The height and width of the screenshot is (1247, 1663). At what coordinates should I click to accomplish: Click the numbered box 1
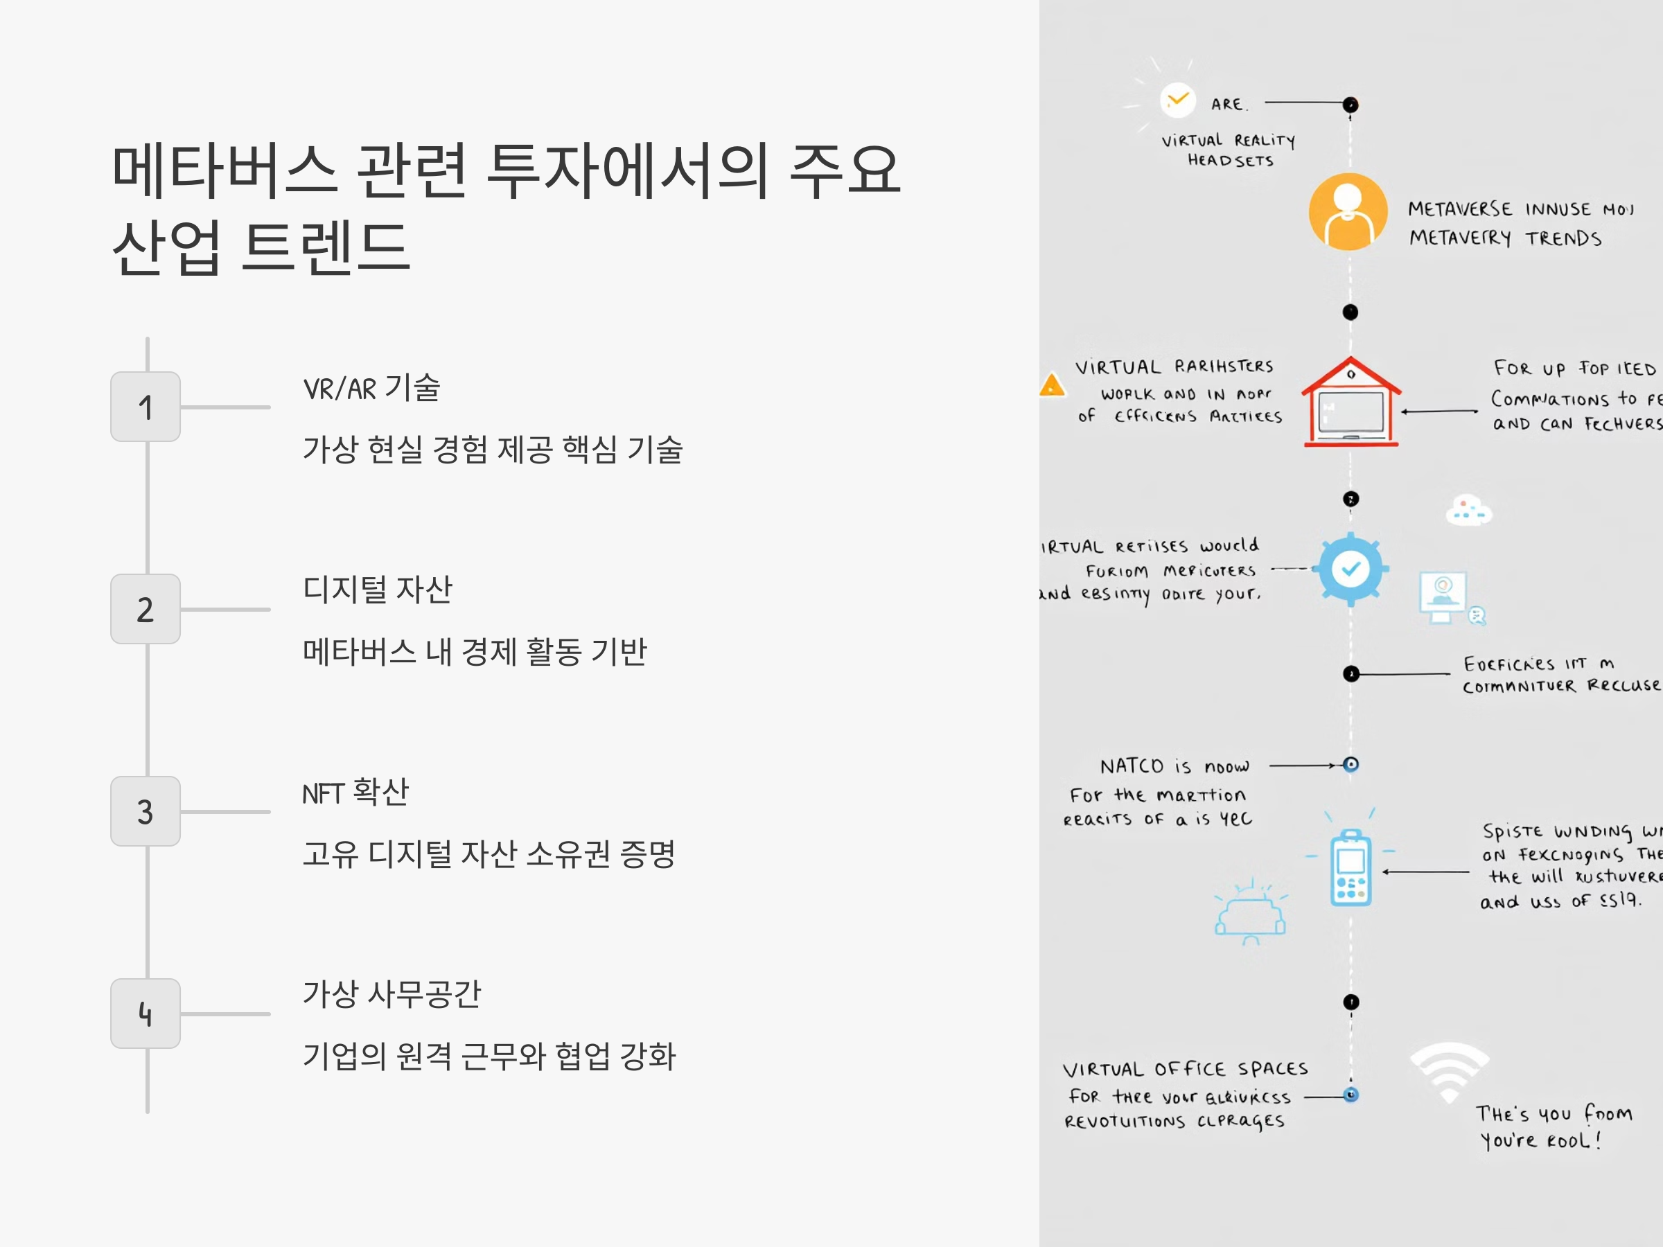145,407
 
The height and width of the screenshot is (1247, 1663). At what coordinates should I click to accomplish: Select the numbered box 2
145,609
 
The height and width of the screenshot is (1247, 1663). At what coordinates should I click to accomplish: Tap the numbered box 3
145,811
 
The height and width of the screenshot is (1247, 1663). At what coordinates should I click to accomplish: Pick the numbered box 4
145,1014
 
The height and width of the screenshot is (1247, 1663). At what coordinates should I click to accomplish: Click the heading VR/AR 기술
371,388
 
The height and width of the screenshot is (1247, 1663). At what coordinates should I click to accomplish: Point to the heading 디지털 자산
378,590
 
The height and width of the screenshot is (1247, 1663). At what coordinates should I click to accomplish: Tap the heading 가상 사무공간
391,993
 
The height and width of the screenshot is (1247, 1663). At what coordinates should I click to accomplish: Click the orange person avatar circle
1348,212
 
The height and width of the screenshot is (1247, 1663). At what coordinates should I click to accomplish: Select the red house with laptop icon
1351,403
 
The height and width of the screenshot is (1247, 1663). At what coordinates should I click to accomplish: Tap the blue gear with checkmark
1350,569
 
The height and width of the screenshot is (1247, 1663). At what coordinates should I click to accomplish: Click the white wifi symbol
1449,1071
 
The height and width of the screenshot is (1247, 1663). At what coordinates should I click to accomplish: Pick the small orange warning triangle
1052,386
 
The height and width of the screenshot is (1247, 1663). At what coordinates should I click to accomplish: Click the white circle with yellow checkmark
1177,100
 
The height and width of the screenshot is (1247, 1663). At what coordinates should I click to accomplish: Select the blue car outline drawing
1250,913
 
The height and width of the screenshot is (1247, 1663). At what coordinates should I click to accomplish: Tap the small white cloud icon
1468,511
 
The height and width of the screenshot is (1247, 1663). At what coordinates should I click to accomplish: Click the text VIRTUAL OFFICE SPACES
1185,1069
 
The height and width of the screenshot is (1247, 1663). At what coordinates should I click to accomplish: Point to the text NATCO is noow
1174,766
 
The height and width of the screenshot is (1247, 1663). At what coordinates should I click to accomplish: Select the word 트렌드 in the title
326,247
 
